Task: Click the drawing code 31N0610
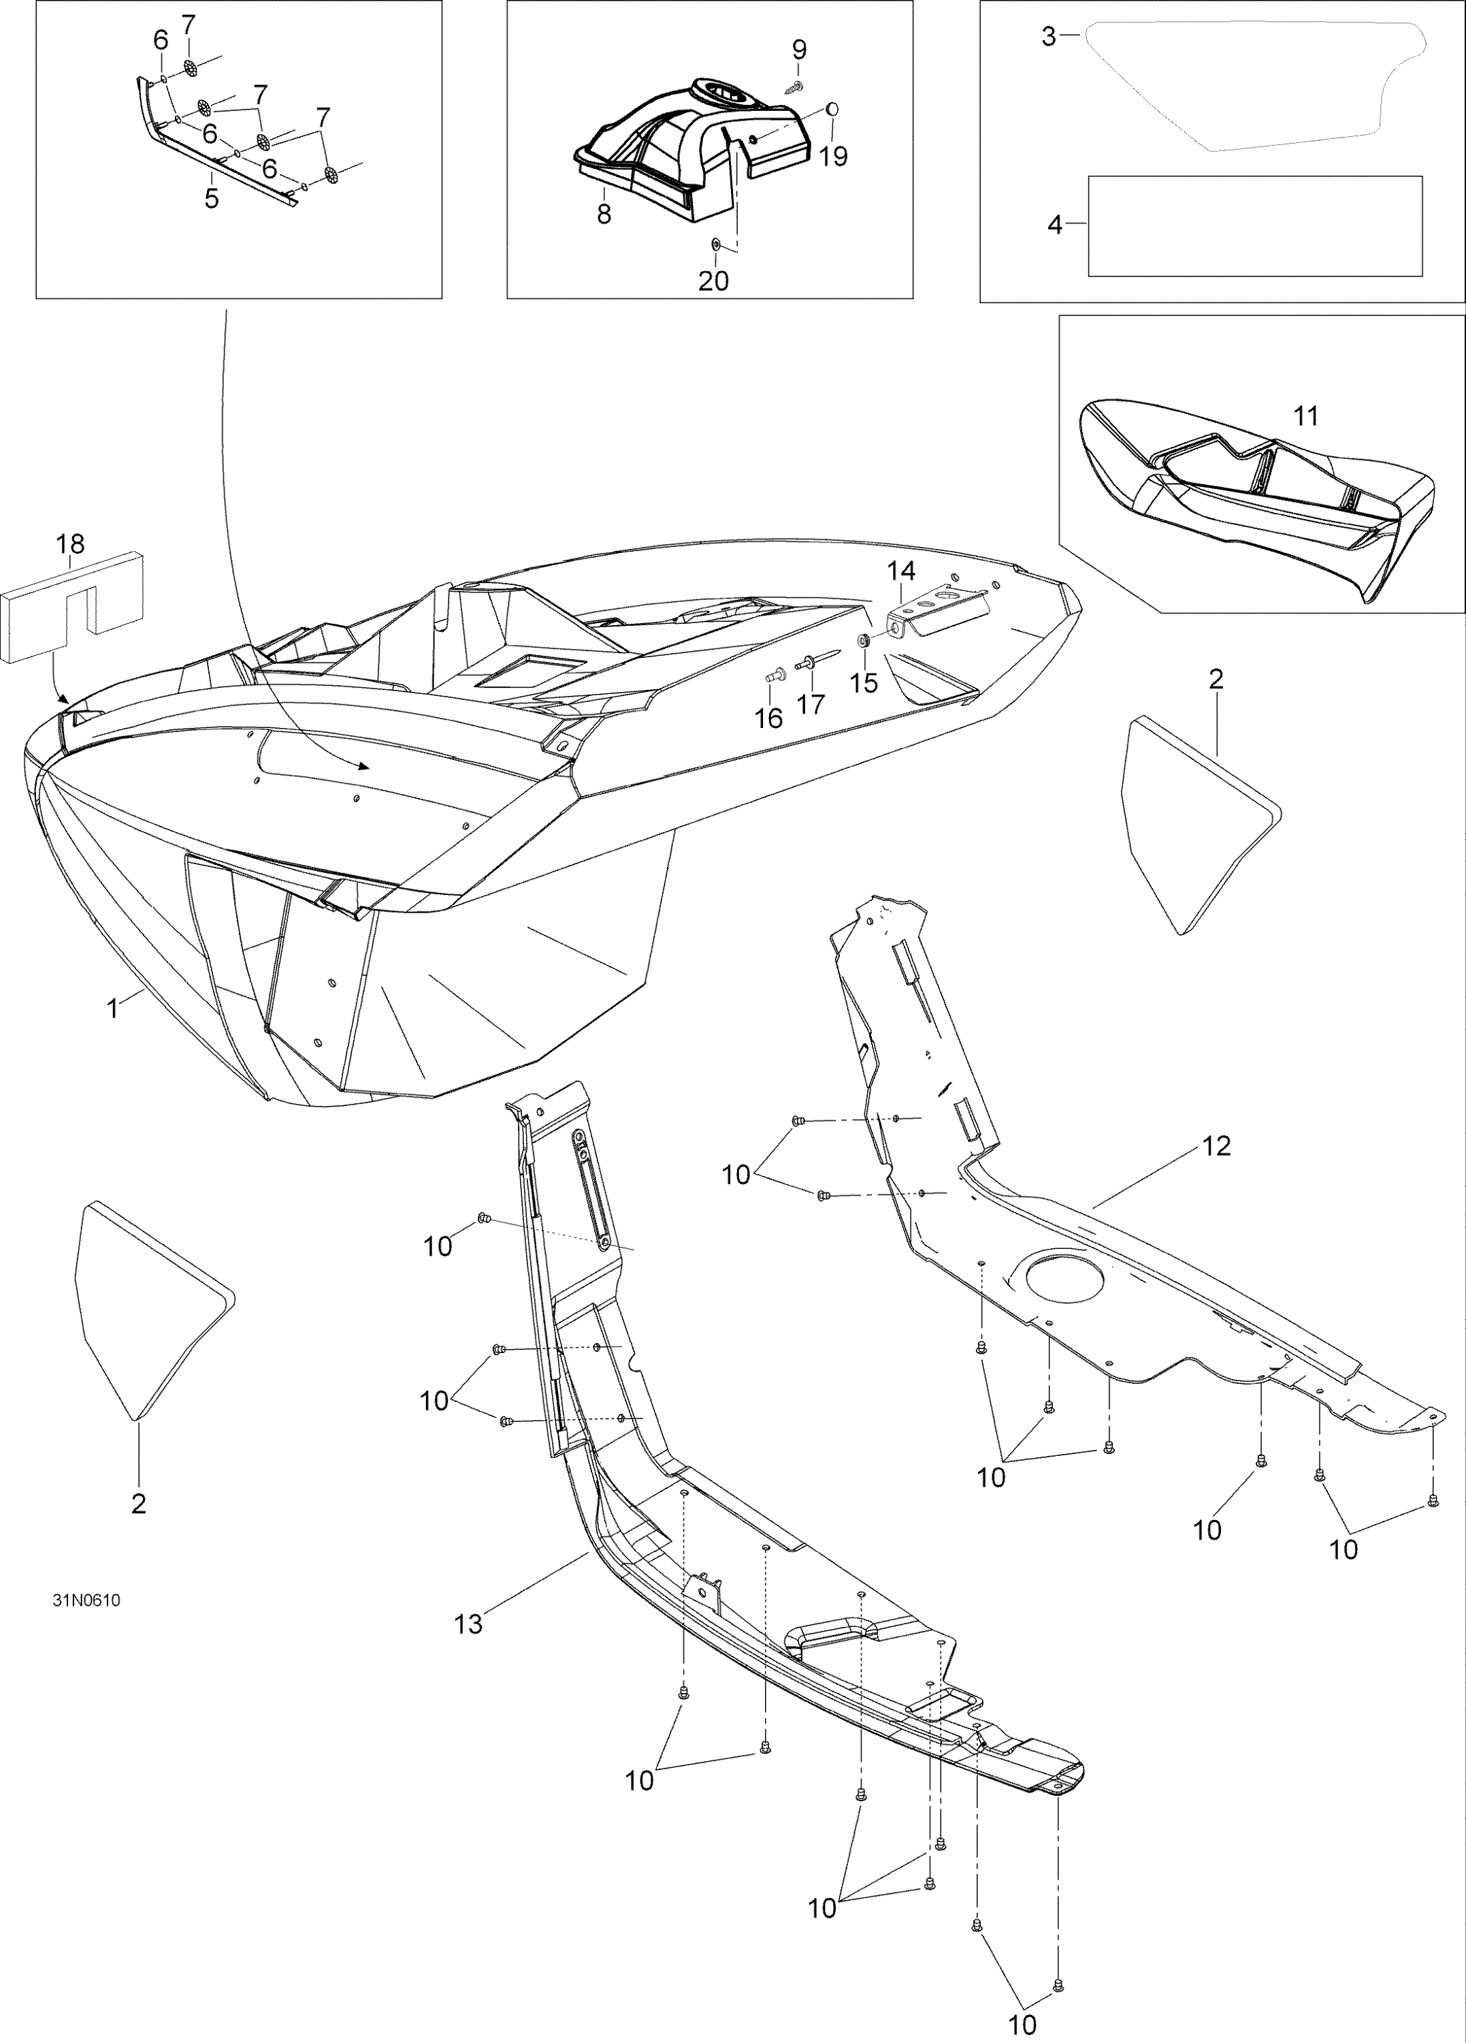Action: click(86, 1601)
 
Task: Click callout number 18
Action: click(70, 544)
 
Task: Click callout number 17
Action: click(811, 703)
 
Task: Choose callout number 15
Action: click(864, 683)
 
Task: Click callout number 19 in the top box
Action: click(834, 156)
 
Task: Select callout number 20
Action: click(713, 281)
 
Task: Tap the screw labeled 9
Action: click(794, 86)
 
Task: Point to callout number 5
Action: click(212, 198)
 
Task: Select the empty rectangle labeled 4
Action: click(1254, 225)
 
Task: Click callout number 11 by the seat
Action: click(1305, 416)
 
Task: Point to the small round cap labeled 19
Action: click(832, 109)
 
